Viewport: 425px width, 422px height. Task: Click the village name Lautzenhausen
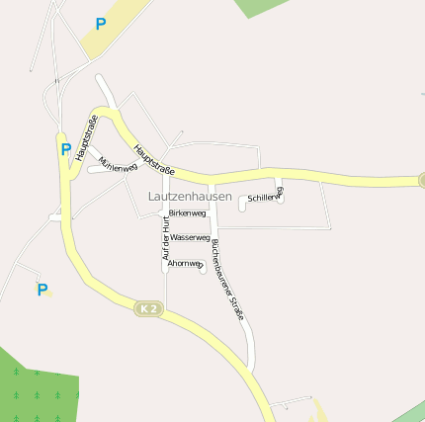tap(189, 197)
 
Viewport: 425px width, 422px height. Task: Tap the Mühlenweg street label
tap(118, 165)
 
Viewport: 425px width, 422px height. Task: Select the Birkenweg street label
tap(187, 213)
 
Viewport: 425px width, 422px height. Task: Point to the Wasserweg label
tap(189, 238)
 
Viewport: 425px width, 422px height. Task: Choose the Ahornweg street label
tap(185, 264)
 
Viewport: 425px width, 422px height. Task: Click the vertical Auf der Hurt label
tap(166, 240)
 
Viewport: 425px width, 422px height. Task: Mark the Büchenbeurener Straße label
tap(227, 279)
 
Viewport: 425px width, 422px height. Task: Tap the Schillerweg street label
tap(265, 196)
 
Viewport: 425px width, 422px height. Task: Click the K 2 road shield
tap(147, 309)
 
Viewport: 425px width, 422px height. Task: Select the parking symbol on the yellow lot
tap(100, 23)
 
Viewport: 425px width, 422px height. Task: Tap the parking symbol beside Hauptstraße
tap(65, 150)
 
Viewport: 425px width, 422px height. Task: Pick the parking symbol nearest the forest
tap(42, 290)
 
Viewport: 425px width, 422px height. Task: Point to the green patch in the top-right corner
tap(262, 7)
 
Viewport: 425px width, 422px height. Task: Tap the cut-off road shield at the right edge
tap(421, 180)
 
